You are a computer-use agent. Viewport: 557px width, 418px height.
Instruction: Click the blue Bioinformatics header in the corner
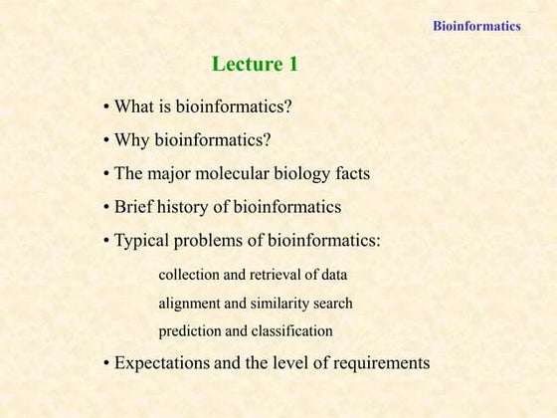(476, 26)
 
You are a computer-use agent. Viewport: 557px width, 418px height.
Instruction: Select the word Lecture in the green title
(246, 66)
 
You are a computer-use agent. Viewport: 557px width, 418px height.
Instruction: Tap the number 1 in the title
(293, 66)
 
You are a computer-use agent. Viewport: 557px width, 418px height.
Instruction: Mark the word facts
(349, 173)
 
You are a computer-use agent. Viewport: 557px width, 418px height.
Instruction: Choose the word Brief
(135, 207)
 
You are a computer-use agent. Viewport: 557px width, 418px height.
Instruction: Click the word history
(198, 207)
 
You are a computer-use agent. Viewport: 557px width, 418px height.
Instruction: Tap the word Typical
(144, 241)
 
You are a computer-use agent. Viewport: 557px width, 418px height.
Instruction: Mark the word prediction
(192, 330)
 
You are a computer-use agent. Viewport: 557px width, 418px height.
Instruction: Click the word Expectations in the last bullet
(162, 363)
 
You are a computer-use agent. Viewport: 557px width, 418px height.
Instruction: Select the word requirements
(382, 364)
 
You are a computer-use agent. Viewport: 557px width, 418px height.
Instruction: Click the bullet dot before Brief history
(106, 208)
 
